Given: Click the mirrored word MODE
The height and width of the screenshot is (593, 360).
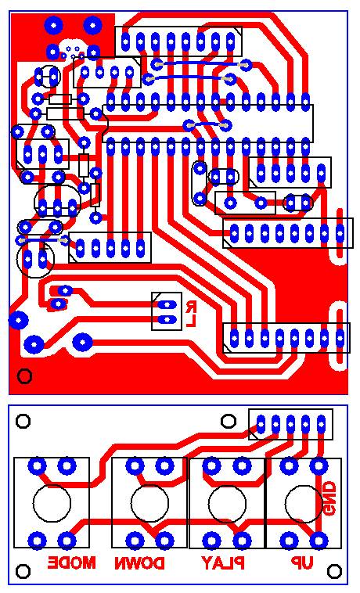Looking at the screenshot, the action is (x=71, y=563).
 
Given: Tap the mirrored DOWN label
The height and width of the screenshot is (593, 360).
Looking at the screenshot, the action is (x=140, y=563).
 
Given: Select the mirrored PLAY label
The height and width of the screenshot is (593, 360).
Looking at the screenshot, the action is (x=223, y=563).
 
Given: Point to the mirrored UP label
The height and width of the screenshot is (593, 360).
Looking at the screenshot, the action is (x=302, y=563).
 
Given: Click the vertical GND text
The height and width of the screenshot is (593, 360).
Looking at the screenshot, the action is (x=329, y=498).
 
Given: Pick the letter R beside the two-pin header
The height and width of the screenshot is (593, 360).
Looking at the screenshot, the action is (x=191, y=306).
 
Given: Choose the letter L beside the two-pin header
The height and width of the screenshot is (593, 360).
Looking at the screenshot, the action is (x=191, y=321).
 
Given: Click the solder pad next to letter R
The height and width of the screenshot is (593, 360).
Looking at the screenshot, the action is (x=167, y=305).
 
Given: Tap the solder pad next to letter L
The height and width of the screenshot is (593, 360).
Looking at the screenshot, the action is (x=167, y=320).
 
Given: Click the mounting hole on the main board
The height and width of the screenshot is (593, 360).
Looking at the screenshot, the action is (x=25, y=376).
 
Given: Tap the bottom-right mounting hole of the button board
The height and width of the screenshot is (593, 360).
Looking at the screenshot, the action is (x=334, y=571).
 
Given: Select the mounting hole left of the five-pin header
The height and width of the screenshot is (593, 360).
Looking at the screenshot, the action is (x=229, y=421).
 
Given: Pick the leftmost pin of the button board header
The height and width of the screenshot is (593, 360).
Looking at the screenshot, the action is (x=261, y=423).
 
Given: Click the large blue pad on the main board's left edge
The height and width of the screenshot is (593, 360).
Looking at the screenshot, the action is (x=18, y=320).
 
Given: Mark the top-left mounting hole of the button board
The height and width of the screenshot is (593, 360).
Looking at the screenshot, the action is (x=23, y=421).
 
